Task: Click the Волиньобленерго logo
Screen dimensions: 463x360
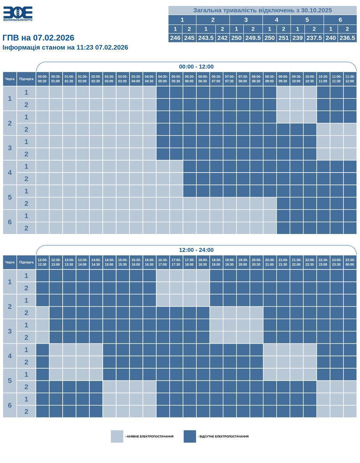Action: pos(18,13)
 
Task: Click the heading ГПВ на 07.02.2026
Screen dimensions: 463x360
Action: pos(38,38)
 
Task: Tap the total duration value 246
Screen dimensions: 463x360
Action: pos(175,38)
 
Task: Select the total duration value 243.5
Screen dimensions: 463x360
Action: pos(206,38)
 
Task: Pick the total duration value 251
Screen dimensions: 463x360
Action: pos(283,38)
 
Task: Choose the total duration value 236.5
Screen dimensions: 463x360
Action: pos(347,38)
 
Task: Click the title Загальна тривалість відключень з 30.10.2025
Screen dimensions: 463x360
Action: pos(262,10)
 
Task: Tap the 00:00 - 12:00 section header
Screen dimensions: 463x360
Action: pos(196,67)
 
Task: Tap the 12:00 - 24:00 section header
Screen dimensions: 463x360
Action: pos(196,250)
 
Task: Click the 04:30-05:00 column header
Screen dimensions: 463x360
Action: pos(163,79)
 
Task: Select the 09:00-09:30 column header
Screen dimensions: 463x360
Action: pos(283,79)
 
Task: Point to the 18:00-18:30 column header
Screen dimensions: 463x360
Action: pos(203,262)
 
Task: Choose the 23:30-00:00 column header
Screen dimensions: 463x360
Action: pos(350,262)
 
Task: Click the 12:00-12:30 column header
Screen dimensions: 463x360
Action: pos(42,262)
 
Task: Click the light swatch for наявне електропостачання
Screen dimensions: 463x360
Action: pos(117,436)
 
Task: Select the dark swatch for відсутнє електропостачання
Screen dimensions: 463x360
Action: pos(190,436)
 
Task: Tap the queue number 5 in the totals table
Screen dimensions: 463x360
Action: pos(307,20)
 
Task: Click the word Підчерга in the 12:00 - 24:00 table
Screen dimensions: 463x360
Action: pos(26,262)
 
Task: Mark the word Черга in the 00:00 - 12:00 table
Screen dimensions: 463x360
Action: pos(10,79)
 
